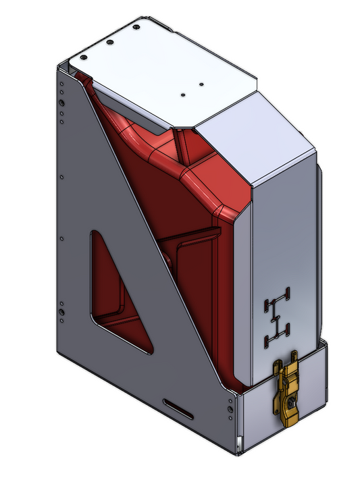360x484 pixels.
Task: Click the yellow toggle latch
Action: pyautogui.click(x=288, y=392)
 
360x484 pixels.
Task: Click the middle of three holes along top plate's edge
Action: pyautogui.click(x=110, y=42)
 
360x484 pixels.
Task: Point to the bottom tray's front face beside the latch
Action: pyautogui.click(x=257, y=419)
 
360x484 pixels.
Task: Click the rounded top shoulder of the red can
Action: pyautogui.click(x=203, y=179)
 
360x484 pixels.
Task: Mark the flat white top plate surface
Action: pyautogui.click(x=162, y=64)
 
